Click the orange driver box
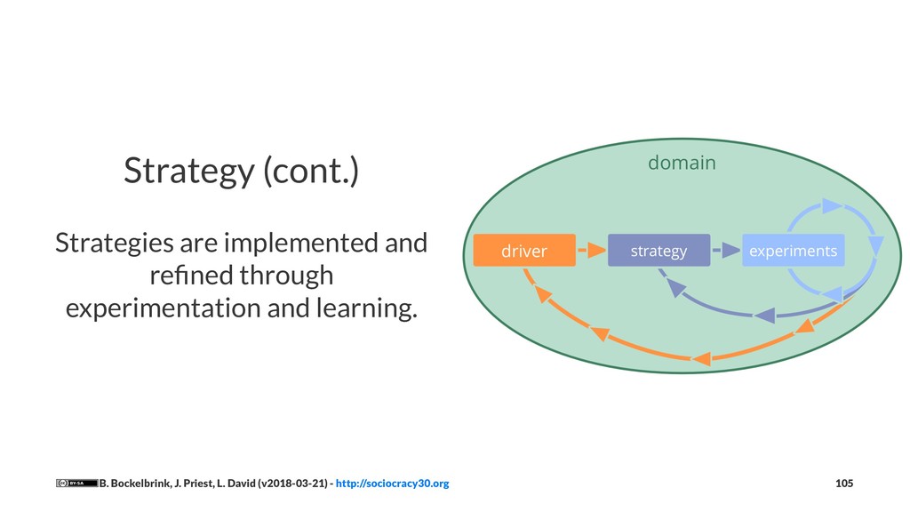pos(524,251)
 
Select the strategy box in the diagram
pos(659,251)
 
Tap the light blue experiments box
pos(793,251)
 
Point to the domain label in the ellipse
pos(682,163)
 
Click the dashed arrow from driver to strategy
pos(590,251)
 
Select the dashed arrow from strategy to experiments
pos(727,251)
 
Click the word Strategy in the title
pos(188,171)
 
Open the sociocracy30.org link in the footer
pos(392,484)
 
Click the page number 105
pos(844,484)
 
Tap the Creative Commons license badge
pos(76,484)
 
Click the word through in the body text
pos(291,276)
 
